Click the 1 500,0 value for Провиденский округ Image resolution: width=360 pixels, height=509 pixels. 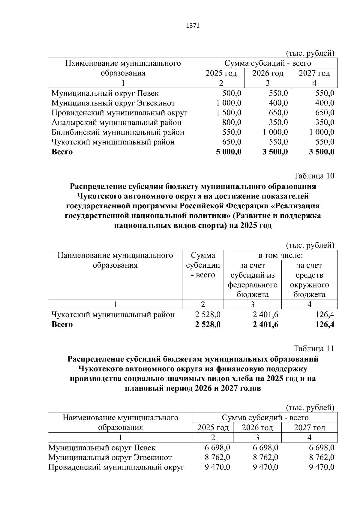tap(229, 113)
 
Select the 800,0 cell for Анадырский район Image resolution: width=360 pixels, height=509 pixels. tap(232, 122)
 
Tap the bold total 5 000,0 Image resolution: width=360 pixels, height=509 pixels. tap(229, 152)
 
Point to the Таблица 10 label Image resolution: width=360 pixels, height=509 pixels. tap(314, 176)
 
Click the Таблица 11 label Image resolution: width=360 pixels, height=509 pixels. tap(314, 349)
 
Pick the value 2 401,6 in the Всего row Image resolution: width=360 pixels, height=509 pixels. tap(265, 324)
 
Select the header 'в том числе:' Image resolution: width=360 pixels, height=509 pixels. tap(280, 255)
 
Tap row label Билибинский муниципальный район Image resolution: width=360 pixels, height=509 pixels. tap(118, 132)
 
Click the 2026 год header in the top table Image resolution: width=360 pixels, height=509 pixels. tap(268, 73)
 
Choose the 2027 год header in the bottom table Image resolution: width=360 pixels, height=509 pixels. tap(309, 427)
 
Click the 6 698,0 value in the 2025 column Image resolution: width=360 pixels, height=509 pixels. tap(217, 448)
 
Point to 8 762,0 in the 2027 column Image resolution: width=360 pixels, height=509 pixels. tap(322, 457)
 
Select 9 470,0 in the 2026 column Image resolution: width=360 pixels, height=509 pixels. tap(265, 467)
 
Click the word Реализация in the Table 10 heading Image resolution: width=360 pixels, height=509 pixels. tap(298, 206)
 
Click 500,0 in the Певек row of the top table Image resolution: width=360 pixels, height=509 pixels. tap(232, 93)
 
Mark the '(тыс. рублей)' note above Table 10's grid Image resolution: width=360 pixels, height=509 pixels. tap(310, 245)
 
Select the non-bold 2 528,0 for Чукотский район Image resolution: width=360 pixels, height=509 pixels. tap(208, 314)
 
